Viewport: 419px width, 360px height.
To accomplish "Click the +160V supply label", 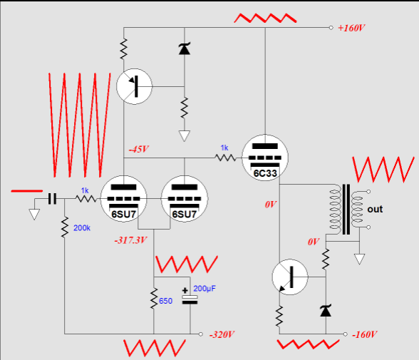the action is tap(351, 28).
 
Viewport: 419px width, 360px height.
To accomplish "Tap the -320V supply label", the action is tap(222, 334).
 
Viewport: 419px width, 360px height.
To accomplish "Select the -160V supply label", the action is tap(365, 334).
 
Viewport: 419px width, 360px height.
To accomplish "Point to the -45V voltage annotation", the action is tap(139, 149).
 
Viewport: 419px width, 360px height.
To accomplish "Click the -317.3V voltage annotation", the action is tap(130, 240).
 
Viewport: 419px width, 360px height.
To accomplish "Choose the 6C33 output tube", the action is tap(265, 158).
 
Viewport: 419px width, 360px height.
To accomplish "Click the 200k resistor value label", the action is tap(82, 228).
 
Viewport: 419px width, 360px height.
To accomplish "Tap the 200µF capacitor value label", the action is tap(205, 289).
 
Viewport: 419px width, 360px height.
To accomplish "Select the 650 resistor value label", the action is tap(165, 301).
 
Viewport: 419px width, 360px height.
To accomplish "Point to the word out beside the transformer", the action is tap(375, 210).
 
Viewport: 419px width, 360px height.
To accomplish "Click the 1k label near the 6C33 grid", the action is tap(224, 148).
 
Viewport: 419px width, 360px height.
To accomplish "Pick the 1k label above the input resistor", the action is tap(85, 190).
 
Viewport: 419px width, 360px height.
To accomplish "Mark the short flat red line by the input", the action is tap(27, 191).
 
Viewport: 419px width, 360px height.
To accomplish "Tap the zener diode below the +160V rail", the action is tap(185, 48).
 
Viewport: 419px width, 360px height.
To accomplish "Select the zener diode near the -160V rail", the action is tap(326, 310).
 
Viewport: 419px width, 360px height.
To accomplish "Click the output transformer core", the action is tap(346, 210).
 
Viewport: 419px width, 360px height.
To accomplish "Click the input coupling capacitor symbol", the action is tap(53, 199).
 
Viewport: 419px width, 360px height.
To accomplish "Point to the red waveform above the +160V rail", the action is tap(265, 18).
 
